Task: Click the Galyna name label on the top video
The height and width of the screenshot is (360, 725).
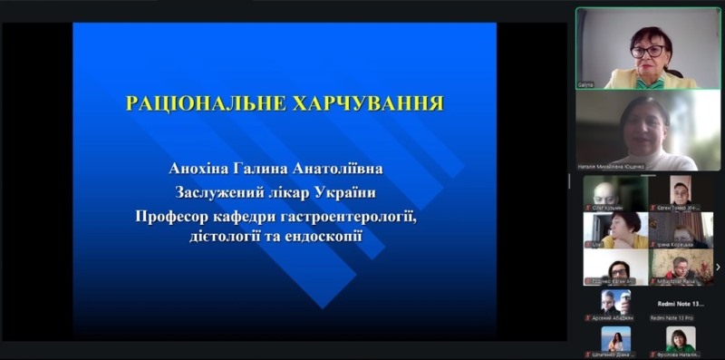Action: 587,84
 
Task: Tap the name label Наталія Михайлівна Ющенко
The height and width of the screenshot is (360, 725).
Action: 611,166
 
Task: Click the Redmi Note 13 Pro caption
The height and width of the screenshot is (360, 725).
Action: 680,318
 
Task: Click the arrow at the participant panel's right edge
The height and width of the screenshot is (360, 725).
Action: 718,267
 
